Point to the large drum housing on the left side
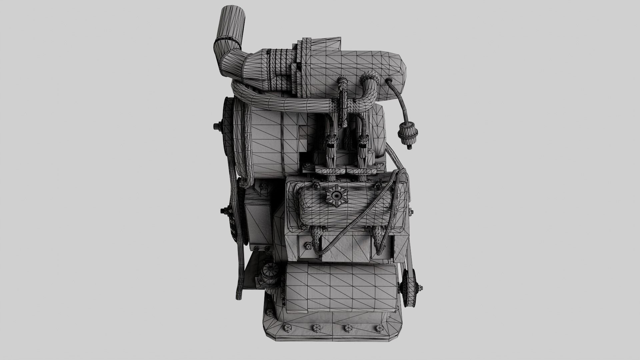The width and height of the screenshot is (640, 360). pos(267,140)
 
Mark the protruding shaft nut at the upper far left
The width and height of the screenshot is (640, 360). pos(217,126)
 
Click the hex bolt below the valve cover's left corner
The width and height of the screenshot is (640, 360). pos(308,246)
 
